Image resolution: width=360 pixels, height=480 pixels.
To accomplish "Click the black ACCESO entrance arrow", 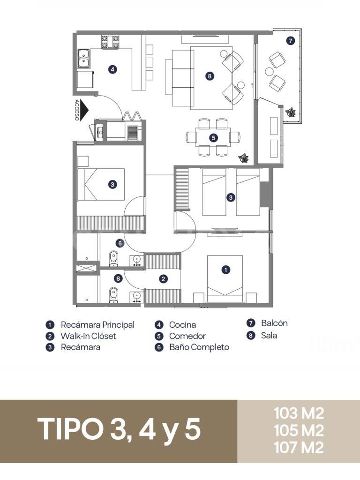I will coord(84,111).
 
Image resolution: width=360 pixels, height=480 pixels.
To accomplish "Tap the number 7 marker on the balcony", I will coord(291,41).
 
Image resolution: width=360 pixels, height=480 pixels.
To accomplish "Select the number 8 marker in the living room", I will coord(210,75).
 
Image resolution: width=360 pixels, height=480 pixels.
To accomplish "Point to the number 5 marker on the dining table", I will coord(213,138).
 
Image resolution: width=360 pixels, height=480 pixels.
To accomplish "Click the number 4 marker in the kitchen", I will coord(112,69).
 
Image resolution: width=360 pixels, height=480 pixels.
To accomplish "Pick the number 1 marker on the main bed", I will coord(226,270).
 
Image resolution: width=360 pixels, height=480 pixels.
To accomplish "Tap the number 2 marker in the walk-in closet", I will coord(163,279).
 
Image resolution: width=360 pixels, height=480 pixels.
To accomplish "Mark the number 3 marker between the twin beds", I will coord(231,197).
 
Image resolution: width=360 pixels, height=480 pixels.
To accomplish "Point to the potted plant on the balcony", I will coord(291,112).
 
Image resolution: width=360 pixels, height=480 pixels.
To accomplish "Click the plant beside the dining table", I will coord(243,157).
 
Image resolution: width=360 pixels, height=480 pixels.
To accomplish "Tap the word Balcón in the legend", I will coord(274,323).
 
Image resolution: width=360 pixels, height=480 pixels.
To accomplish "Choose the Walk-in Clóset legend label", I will coord(88,336).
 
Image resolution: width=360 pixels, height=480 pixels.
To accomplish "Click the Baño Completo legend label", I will coord(199,347).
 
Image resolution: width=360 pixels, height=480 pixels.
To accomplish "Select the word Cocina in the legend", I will coord(182,325).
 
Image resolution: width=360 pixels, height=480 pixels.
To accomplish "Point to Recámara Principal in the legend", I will coord(97,325).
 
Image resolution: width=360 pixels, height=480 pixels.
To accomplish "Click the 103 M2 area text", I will coord(299,413).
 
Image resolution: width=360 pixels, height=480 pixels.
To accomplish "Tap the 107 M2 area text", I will coord(299,448).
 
